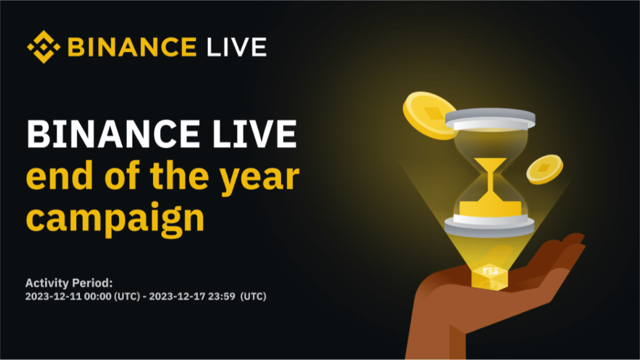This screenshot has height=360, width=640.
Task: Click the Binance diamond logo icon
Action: (x=43, y=46)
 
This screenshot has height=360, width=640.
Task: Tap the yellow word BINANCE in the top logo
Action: (x=131, y=47)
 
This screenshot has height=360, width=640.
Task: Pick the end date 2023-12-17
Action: (x=173, y=296)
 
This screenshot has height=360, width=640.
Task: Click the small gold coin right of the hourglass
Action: (x=544, y=168)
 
